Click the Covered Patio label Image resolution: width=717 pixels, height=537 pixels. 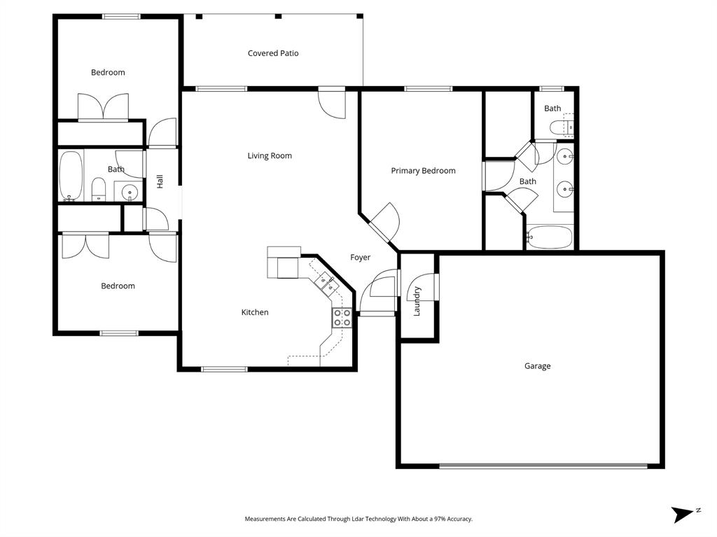tap(273, 53)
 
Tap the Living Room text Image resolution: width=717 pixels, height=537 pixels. tap(270, 155)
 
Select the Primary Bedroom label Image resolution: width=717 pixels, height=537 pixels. tap(423, 171)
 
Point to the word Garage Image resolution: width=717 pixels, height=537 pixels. tap(537, 366)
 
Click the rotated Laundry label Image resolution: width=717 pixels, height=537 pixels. tap(417, 301)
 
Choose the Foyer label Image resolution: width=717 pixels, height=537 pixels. tap(360, 258)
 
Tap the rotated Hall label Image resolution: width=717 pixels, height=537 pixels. tap(160, 181)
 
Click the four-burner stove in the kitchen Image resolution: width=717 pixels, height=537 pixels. tap(342, 317)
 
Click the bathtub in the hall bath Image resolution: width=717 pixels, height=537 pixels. tap(71, 176)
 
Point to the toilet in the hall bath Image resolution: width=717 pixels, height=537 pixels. tap(99, 188)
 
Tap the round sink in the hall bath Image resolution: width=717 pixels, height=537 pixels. tap(129, 191)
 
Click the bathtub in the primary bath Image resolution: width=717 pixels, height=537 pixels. tap(550, 237)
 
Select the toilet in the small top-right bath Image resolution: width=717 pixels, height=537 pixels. tap(561, 128)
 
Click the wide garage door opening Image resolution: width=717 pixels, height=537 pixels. tap(543, 466)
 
